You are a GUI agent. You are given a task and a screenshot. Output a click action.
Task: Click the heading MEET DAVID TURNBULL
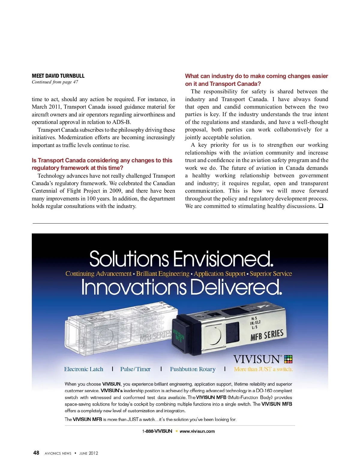[58, 76]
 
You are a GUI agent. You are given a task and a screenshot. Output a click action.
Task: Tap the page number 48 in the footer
[36, 453]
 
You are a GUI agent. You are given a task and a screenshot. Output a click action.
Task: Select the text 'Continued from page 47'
[55, 82]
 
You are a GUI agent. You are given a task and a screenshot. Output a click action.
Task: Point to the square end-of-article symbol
[321, 206]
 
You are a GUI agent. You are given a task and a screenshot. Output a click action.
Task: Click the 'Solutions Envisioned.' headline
[181, 259]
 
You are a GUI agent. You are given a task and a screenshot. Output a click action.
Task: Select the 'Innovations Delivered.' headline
[181, 287]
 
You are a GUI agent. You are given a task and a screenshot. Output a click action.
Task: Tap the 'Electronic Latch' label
[83, 369]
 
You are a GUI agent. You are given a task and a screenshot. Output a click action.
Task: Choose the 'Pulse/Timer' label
[135, 369]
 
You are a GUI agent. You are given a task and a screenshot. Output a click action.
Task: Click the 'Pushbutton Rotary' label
[193, 369]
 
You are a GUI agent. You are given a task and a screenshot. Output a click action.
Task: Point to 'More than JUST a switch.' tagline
[263, 369]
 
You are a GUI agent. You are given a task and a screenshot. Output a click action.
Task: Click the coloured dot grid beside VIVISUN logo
[288, 359]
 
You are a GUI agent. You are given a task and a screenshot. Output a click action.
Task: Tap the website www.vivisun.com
[197, 431]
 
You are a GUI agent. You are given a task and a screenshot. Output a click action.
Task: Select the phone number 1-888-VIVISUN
[157, 431]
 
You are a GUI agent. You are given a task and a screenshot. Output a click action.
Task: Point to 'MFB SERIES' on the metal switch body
[267, 335]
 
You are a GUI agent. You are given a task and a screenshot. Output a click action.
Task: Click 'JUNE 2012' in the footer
[88, 453]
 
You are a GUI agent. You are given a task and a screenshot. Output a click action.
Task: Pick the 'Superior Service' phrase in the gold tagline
[271, 274]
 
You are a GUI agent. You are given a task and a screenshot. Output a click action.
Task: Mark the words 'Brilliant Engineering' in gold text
[163, 274]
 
